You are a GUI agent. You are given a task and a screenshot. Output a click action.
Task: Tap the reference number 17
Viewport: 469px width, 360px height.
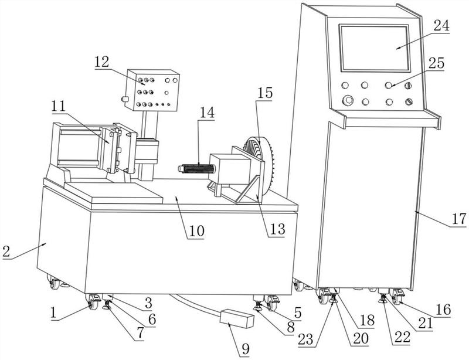pyautogui.click(x=458, y=220)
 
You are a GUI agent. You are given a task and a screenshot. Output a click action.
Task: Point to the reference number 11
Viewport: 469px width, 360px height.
pyautogui.click(x=57, y=107)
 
